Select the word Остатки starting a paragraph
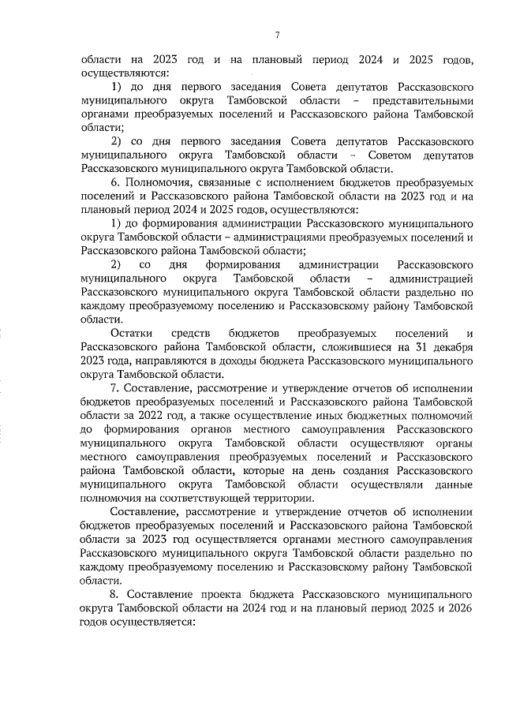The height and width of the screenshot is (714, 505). (133, 335)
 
